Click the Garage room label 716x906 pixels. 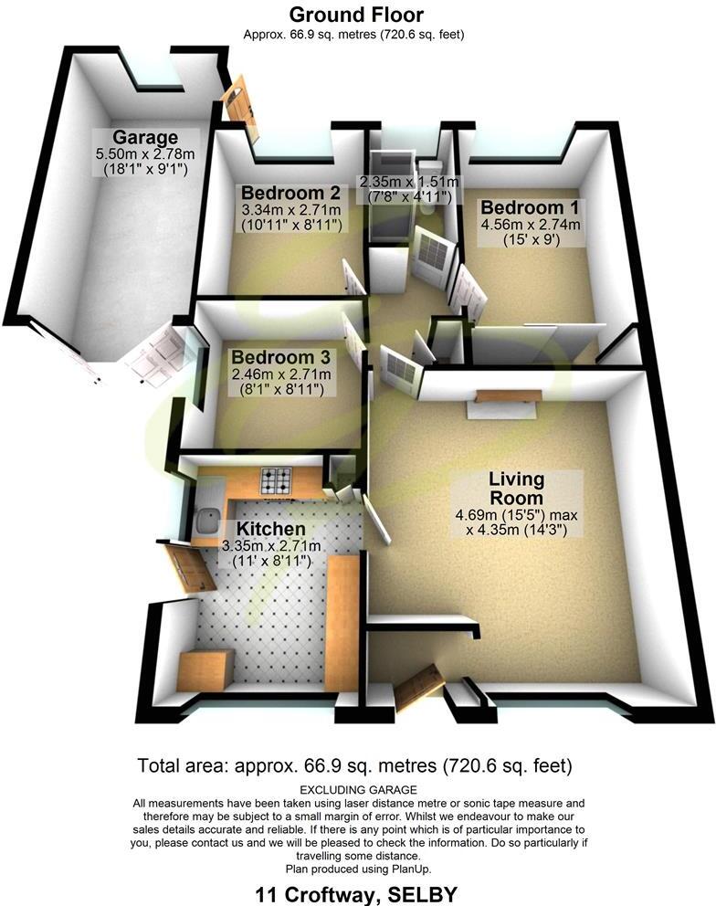tap(145, 137)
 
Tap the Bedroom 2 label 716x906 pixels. tap(290, 193)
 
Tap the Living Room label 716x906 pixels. tap(515, 489)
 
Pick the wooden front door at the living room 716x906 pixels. tap(417, 688)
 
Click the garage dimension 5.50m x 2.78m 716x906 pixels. tap(145, 155)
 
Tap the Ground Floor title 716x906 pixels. tap(356, 15)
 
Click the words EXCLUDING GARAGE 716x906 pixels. tap(358, 789)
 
